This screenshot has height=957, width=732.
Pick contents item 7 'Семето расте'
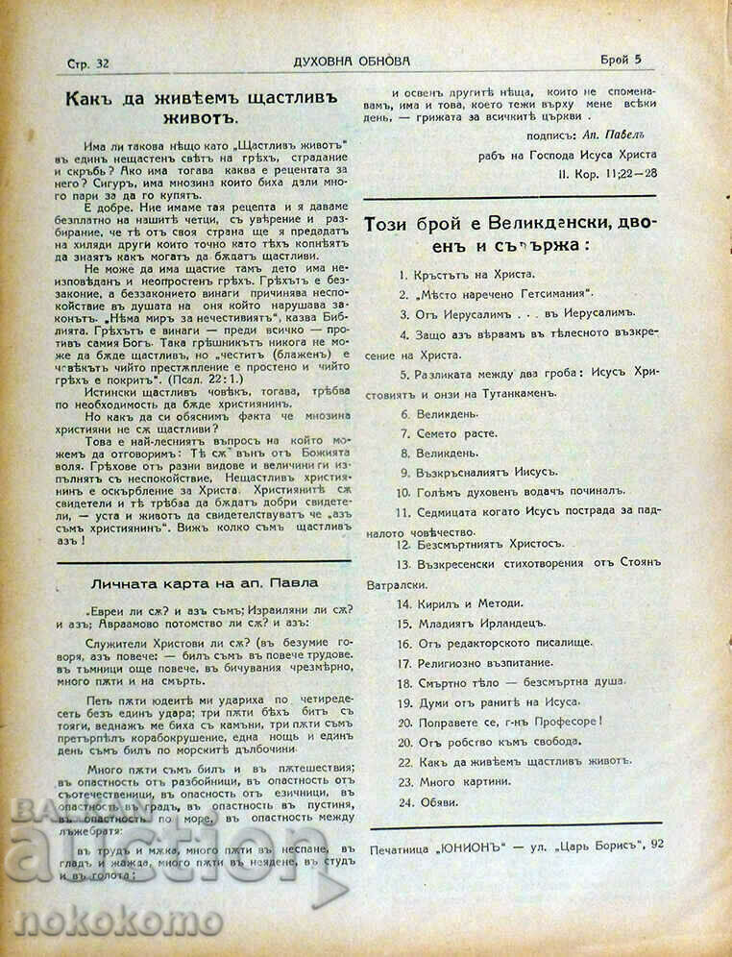(456, 433)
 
